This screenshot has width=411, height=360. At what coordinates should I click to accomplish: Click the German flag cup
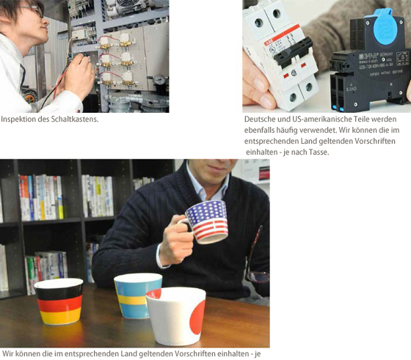[59, 301]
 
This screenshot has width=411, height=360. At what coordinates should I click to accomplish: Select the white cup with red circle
[175, 316]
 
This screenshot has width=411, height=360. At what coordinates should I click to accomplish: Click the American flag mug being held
[205, 222]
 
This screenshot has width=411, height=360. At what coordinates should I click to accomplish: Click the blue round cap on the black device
[385, 28]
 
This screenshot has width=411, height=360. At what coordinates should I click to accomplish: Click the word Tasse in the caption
[319, 152]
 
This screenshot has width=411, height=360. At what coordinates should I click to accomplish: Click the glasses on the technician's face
[34, 10]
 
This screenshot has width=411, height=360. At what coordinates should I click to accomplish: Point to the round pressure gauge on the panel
[160, 79]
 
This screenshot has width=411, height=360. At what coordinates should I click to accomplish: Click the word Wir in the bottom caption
[7, 353]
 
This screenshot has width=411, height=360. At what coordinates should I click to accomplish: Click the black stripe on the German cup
[59, 293]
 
